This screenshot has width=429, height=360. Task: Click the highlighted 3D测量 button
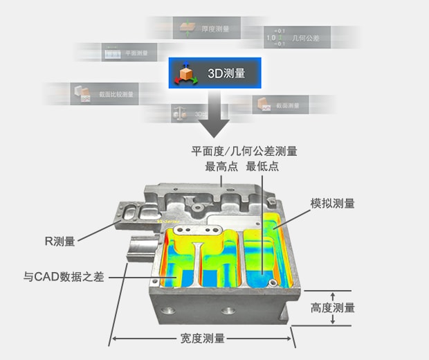click(x=216, y=73)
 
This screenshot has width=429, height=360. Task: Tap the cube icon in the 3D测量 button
click(x=185, y=73)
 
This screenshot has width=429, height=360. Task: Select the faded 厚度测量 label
click(x=215, y=30)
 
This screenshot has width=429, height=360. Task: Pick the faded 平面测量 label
click(x=136, y=53)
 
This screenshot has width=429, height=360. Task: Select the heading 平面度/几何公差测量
click(x=244, y=151)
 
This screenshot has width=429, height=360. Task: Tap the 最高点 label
click(x=219, y=167)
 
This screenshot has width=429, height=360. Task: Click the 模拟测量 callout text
click(x=333, y=204)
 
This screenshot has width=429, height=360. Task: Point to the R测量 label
click(x=60, y=241)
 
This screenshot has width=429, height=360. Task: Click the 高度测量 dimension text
click(x=333, y=307)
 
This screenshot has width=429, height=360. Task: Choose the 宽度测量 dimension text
click(x=202, y=339)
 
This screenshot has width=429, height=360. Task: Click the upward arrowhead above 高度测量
click(x=333, y=296)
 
